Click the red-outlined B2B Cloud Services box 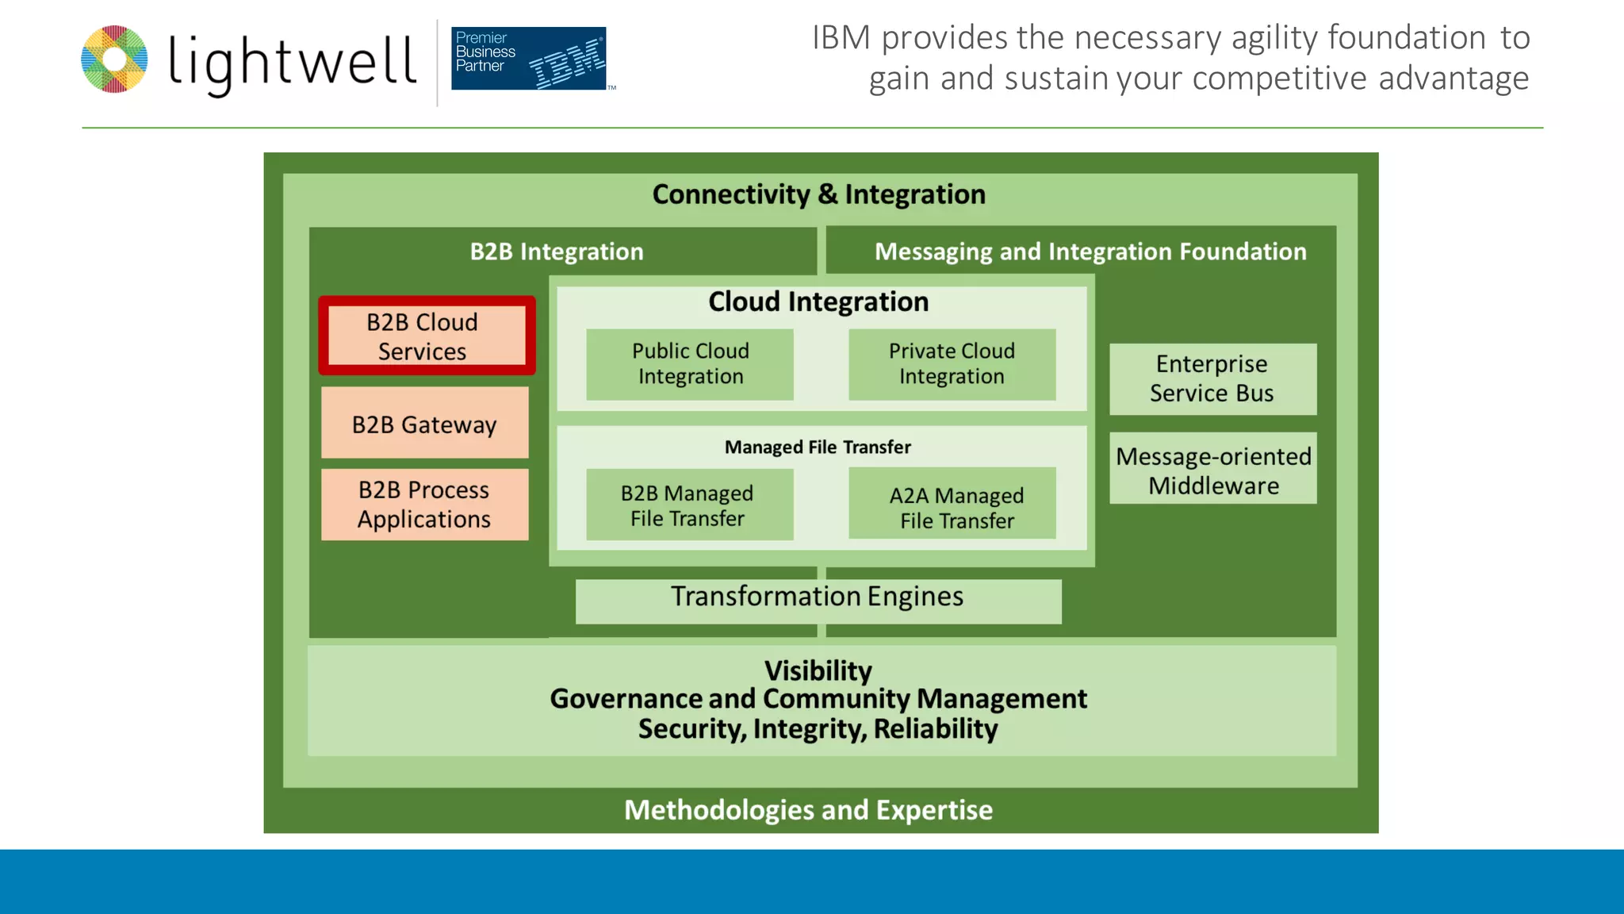click(x=427, y=336)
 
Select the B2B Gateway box click(x=424, y=424)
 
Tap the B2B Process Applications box click(x=424, y=505)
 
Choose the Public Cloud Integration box click(x=690, y=364)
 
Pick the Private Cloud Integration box click(x=952, y=364)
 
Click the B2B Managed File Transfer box click(x=688, y=505)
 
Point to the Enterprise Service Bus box click(x=1212, y=378)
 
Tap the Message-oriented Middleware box click(x=1212, y=470)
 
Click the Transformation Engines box click(x=818, y=600)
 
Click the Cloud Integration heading click(x=818, y=301)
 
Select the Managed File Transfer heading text click(x=818, y=447)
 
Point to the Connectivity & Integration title click(x=818, y=194)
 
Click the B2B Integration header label click(x=557, y=252)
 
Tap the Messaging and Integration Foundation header click(x=1090, y=252)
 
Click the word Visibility click(x=818, y=671)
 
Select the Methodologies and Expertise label click(x=808, y=810)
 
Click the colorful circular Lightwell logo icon click(x=114, y=60)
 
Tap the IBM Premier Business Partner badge click(x=530, y=59)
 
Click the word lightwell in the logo click(x=293, y=62)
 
